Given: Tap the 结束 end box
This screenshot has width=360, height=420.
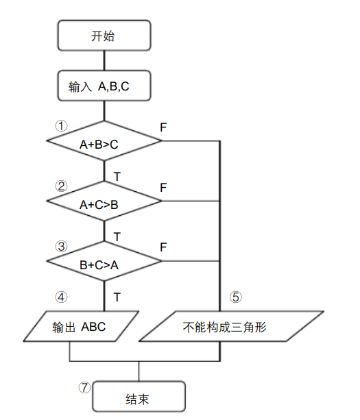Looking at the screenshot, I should click(x=139, y=397).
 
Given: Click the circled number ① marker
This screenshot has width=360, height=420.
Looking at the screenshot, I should click(x=62, y=126).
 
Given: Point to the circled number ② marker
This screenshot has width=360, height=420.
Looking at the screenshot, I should click(x=62, y=186).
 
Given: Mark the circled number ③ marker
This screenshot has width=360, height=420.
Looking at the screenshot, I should click(x=62, y=245).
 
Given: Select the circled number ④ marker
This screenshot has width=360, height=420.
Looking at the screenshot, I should click(x=62, y=297).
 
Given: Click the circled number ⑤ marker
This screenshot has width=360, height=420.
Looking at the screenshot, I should click(x=235, y=297).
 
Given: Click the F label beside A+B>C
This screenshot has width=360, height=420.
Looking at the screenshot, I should click(x=163, y=127).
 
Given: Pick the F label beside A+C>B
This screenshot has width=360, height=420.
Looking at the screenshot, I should click(x=163, y=187).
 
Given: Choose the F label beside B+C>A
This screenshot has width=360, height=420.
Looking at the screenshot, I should click(x=163, y=246).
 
